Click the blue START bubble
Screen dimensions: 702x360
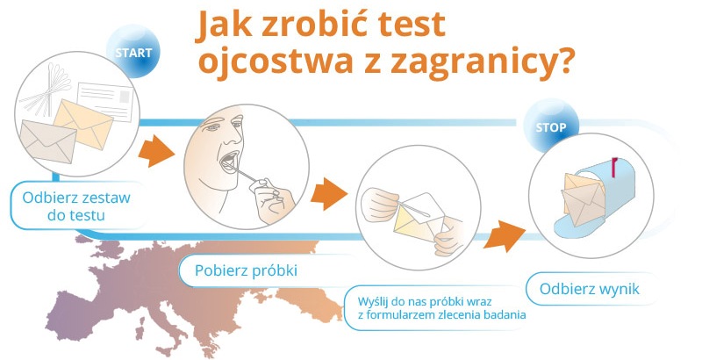pyautogui.click(x=133, y=51)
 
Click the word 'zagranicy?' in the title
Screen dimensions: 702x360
pyautogui.click(x=482, y=64)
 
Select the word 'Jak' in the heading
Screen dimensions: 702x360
pyautogui.click(x=222, y=25)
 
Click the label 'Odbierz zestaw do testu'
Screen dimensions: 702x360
pyautogui.click(x=76, y=206)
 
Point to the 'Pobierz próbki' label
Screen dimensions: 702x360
pyautogui.click(x=246, y=270)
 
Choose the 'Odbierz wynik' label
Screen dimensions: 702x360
pyautogui.click(x=590, y=288)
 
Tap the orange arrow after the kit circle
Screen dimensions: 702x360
pyautogui.click(x=156, y=150)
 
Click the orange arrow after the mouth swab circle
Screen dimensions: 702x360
pyautogui.click(x=329, y=193)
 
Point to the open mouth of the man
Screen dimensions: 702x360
pyautogui.click(x=229, y=161)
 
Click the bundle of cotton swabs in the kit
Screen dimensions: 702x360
pyautogui.click(x=48, y=92)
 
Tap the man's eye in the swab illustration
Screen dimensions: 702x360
pyautogui.click(x=213, y=127)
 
